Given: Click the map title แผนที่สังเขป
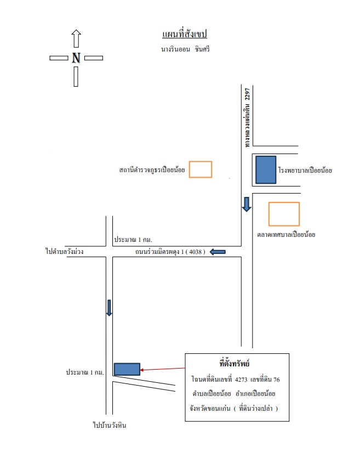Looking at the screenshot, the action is tap(184, 34).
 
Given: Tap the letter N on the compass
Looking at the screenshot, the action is tap(76, 58).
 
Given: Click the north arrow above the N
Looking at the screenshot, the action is tap(76, 38).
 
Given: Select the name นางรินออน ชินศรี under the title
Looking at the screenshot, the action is tap(185, 49).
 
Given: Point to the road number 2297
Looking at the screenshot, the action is tap(247, 94).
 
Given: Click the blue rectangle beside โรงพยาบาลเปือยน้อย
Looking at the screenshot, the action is tap(266, 170).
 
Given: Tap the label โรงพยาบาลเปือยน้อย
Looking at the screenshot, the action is tap(305, 170).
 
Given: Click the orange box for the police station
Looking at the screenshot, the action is tap(201, 169).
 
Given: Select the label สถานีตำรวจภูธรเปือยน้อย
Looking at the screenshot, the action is tap(152, 169).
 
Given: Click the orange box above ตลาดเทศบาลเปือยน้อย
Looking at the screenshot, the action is tap(284, 214).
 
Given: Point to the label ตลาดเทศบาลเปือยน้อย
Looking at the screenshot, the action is tap(286, 235).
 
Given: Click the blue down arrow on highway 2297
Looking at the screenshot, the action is tap(247, 205).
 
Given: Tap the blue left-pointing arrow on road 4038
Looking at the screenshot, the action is tap(218, 252).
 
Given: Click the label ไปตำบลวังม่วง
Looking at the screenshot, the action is tap(65, 251).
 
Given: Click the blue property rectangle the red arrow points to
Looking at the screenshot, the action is tap(127, 369).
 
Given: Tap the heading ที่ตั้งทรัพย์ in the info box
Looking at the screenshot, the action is tap(235, 364).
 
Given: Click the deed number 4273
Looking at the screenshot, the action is tap(241, 380).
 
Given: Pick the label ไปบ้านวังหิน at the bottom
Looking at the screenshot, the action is tap(110, 425).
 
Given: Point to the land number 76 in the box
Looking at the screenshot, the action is tap(276, 380).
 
